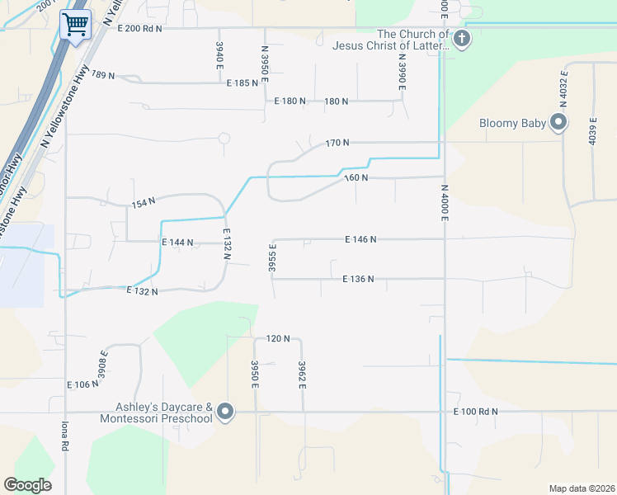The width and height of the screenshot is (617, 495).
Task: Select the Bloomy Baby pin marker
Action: coord(559,124)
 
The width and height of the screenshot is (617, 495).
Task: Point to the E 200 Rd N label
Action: coord(139,28)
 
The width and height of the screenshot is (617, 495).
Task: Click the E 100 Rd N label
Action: coord(477,411)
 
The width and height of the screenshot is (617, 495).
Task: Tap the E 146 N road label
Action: coord(360,239)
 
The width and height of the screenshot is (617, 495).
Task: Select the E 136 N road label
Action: coord(359,279)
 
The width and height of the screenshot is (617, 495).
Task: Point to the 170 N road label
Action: coord(337,143)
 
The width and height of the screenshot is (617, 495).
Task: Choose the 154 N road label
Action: coord(144,203)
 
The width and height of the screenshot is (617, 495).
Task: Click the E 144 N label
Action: coord(177,243)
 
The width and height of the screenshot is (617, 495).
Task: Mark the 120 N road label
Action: coord(278,338)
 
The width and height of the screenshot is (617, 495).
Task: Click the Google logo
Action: coord(27,485)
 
